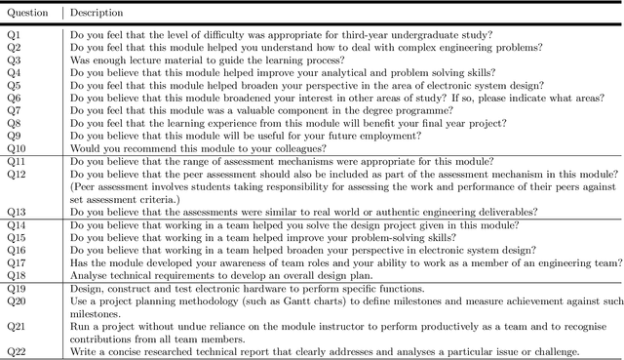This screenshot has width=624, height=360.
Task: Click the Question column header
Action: click(30, 14)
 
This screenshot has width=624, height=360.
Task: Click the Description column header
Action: click(97, 14)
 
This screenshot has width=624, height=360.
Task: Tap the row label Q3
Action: click(14, 60)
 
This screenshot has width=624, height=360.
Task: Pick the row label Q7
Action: click(14, 110)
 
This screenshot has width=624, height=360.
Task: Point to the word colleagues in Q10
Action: click(283, 147)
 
